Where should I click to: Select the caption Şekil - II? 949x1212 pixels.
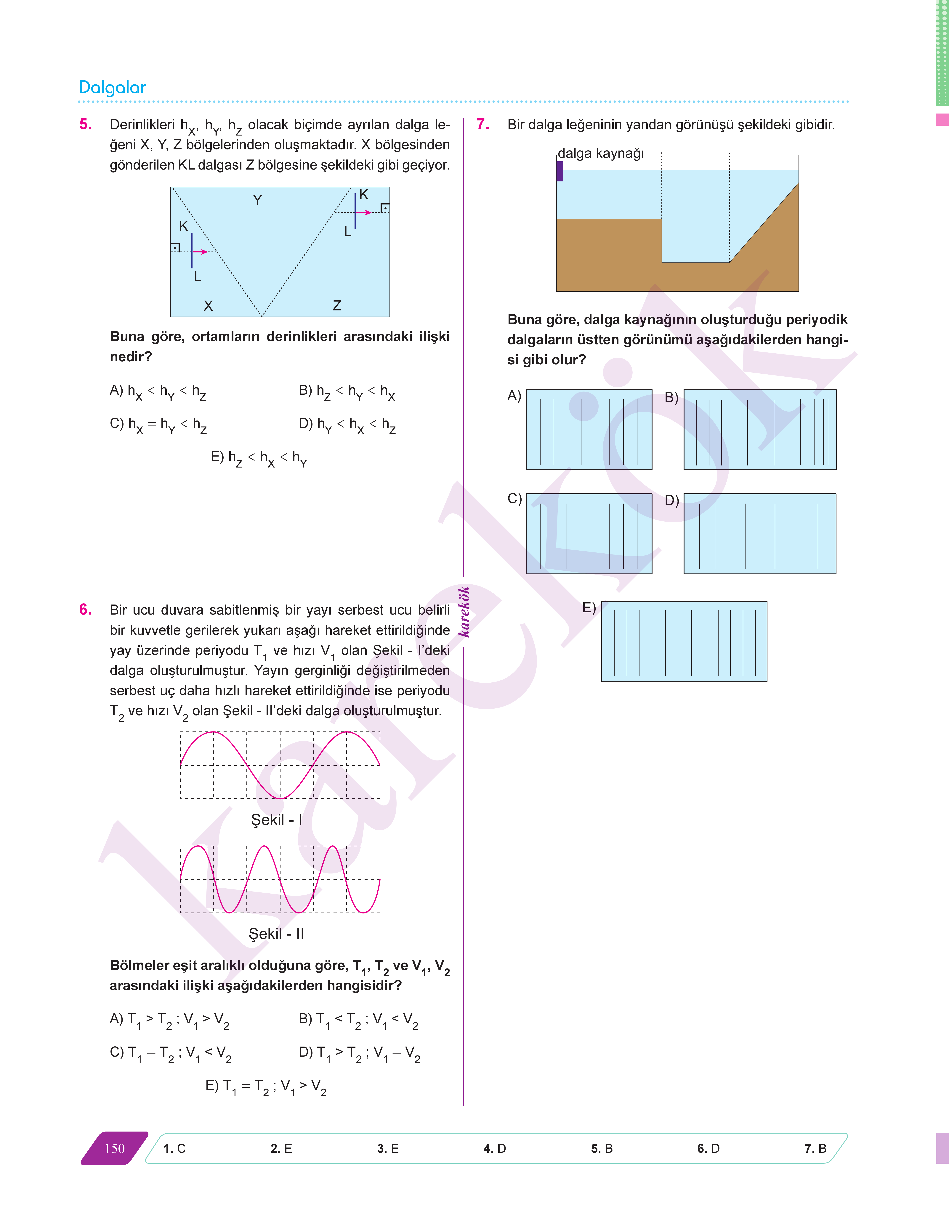pos(276,934)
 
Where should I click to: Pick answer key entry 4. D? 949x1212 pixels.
pos(495,1149)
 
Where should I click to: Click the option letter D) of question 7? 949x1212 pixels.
pos(672,500)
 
